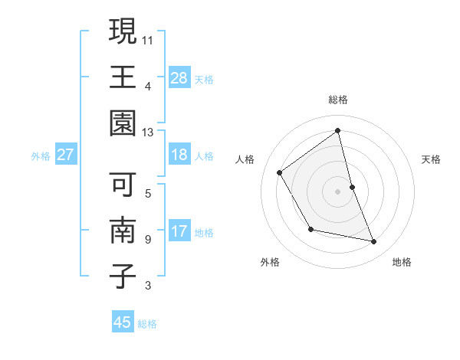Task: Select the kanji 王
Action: coord(123,77)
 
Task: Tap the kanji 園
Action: coord(123,123)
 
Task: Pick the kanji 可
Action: coord(123,184)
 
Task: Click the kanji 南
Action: coord(123,231)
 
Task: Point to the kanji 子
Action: coord(123,277)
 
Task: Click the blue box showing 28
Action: coord(179,77)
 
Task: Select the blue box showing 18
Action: coord(179,155)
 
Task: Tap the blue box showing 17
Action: coord(179,231)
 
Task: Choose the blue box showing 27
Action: coord(66,155)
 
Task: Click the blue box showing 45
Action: coord(123,322)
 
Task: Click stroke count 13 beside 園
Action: coord(147,132)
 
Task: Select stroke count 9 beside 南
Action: coord(147,240)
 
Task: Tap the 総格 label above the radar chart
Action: coord(338,100)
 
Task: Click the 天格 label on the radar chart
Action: coord(432,159)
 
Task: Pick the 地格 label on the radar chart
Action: coord(402,262)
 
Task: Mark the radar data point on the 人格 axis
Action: coord(280,173)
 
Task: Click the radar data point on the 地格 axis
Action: coord(374,242)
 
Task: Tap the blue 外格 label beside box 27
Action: coord(41,156)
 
